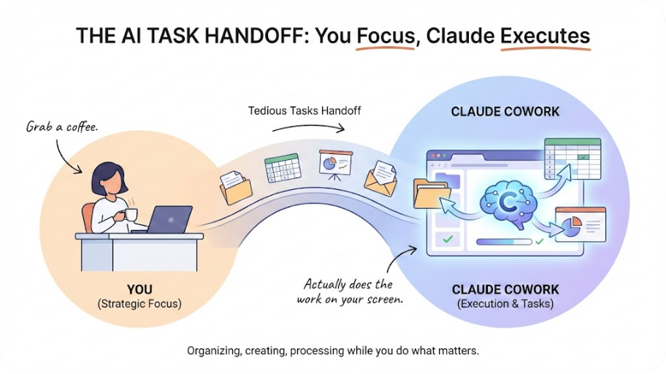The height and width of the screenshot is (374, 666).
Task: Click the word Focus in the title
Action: (x=385, y=36)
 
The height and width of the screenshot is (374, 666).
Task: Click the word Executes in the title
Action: (x=545, y=36)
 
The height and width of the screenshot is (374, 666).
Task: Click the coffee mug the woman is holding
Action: (x=131, y=214)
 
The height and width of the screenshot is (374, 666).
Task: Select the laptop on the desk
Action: (x=169, y=219)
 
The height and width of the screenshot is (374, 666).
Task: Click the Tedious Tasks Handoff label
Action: (x=305, y=111)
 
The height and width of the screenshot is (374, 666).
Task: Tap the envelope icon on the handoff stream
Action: (x=380, y=178)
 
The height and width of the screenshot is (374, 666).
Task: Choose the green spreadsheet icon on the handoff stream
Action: (x=282, y=168)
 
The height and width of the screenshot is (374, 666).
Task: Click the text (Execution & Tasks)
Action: (x=505, y=304)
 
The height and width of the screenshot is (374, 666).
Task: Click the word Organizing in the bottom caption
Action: (x=214, y=351)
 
